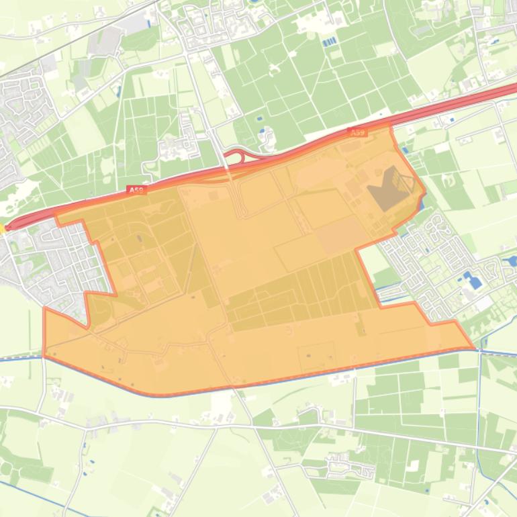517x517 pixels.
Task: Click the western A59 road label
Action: (x=136, y=191)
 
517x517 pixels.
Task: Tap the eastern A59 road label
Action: (x=358, y=133)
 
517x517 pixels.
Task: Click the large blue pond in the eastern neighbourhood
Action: (x=475, y=280)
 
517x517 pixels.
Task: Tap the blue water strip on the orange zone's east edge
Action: (x=422, y=201)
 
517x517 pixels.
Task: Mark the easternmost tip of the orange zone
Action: (x=473, y=348)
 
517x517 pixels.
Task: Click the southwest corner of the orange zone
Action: (x=44, y=355)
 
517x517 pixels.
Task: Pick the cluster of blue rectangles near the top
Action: (x=329, y=42)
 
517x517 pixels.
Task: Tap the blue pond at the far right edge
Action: (x=512, y=261)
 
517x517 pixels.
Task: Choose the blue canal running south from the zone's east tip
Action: (x=480, y=403)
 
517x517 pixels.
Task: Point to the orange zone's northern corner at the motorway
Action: (x=390, y=126)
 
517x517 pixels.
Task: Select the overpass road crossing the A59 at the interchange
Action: (x=227, y=168)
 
